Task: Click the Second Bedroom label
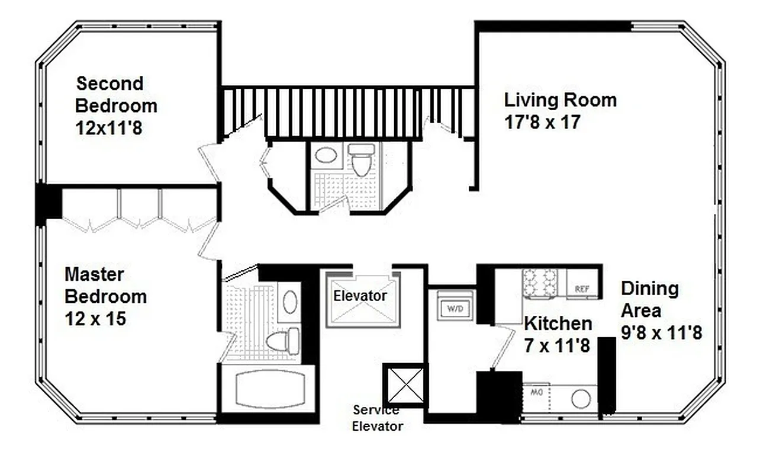coord(116,95)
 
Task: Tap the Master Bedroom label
coord(105,285)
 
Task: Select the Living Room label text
coord(560,100)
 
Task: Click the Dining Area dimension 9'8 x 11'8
coord(661,333)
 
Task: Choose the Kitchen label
coord(558,324)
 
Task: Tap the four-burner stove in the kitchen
coord(540,283)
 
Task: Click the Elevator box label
coord(360,295)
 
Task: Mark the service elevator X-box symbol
coord(404,383)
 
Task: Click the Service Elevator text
coord(377,418)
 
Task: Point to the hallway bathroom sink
coord(326,156)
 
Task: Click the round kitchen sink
coord(581,399)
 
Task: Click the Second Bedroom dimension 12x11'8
coord(109,127)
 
